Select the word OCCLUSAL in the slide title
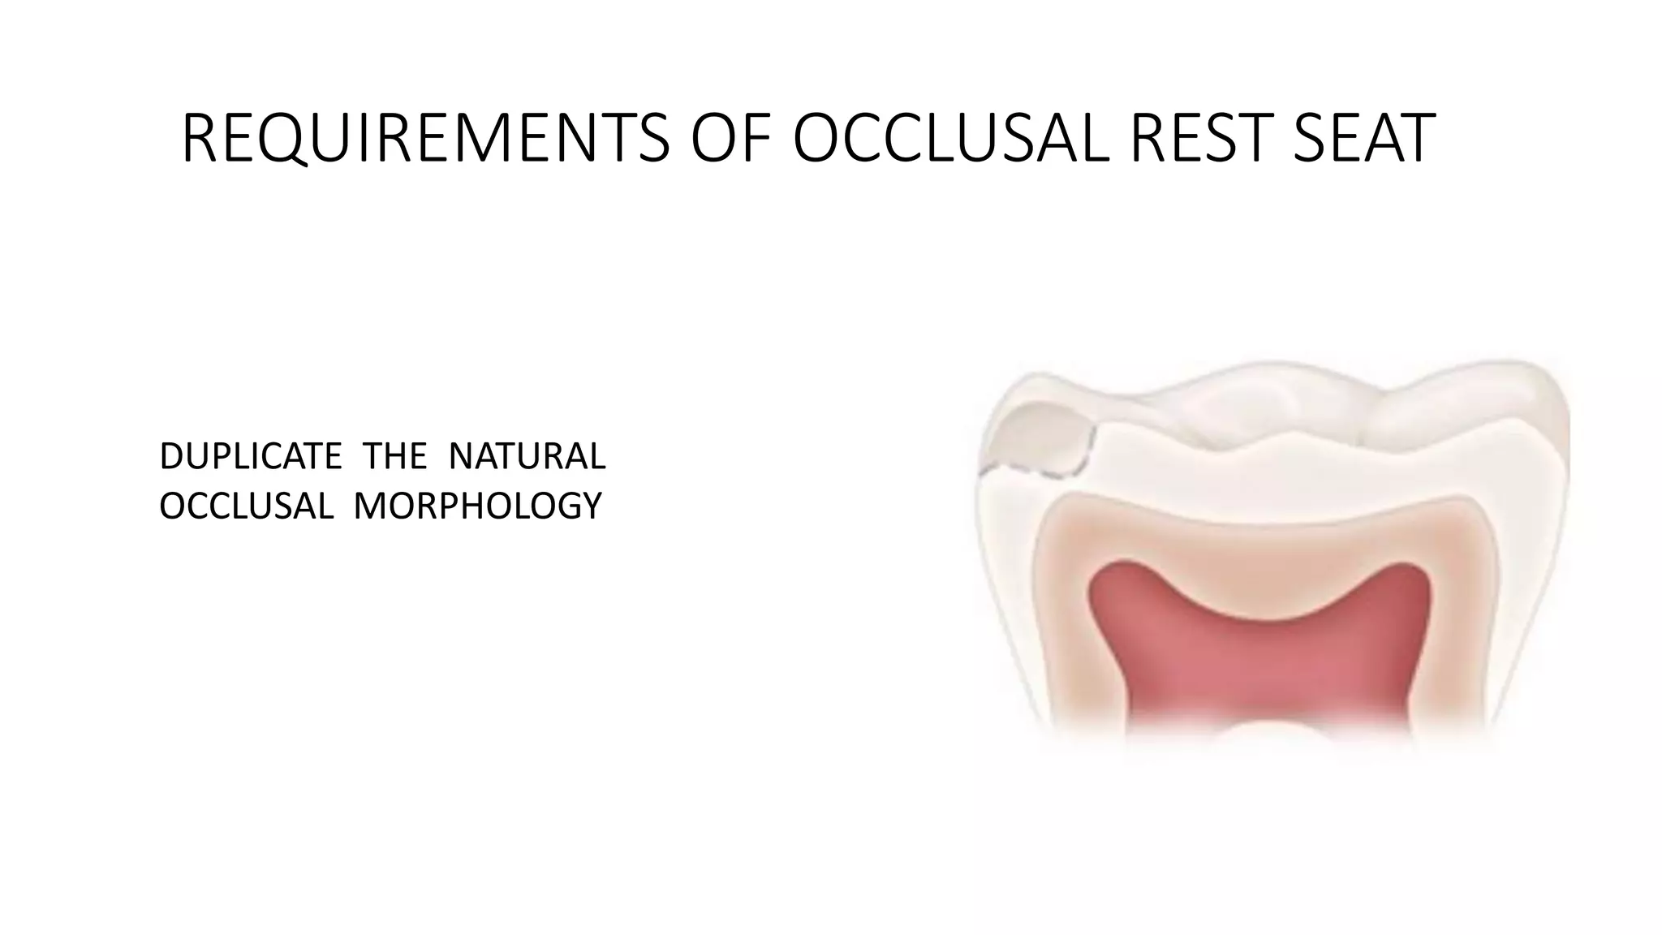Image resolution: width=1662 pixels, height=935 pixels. [x=949, y=139]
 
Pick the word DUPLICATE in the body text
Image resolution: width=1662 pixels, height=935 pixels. [x=251, y=457]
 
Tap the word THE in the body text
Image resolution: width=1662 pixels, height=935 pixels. [x=394, y=457]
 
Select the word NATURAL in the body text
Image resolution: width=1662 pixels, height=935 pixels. [x=527, y=457]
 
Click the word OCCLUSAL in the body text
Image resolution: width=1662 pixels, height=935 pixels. [x=246, y=506]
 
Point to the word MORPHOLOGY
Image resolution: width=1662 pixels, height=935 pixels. [x=478, y=506]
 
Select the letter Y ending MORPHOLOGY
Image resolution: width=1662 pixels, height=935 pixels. [x=592, y=506]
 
